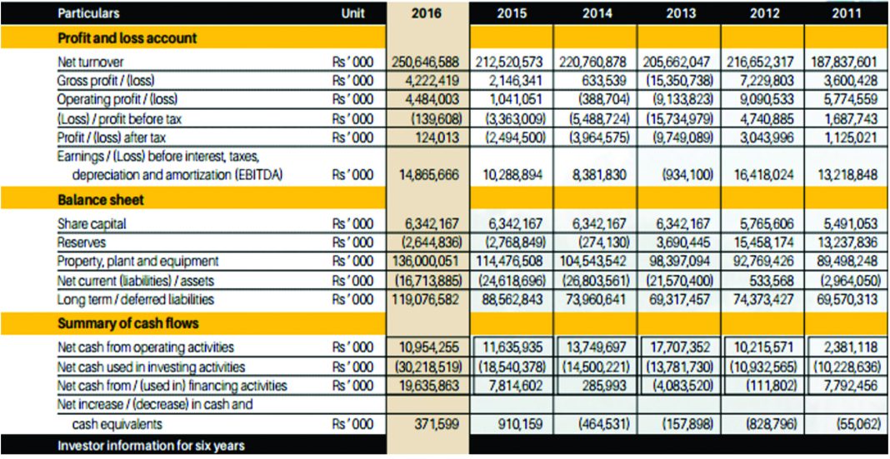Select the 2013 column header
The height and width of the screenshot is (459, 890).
point(679,13)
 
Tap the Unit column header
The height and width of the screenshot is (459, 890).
point(352,13)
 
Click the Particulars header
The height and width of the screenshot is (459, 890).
point(88,13)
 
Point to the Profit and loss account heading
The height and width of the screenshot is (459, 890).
point(127,38)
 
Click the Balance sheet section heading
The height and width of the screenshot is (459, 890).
point(100,200)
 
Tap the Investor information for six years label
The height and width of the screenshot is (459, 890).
point(151,446)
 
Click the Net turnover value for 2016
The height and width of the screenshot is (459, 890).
point(427,62)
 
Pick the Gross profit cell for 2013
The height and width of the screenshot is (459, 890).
point(678,82)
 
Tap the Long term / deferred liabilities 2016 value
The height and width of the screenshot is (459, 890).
point(427,299)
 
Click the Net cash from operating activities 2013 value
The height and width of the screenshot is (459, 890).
point(680,347)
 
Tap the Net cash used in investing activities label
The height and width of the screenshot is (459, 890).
point(151,367)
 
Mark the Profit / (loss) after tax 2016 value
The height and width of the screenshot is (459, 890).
point(436,137)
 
